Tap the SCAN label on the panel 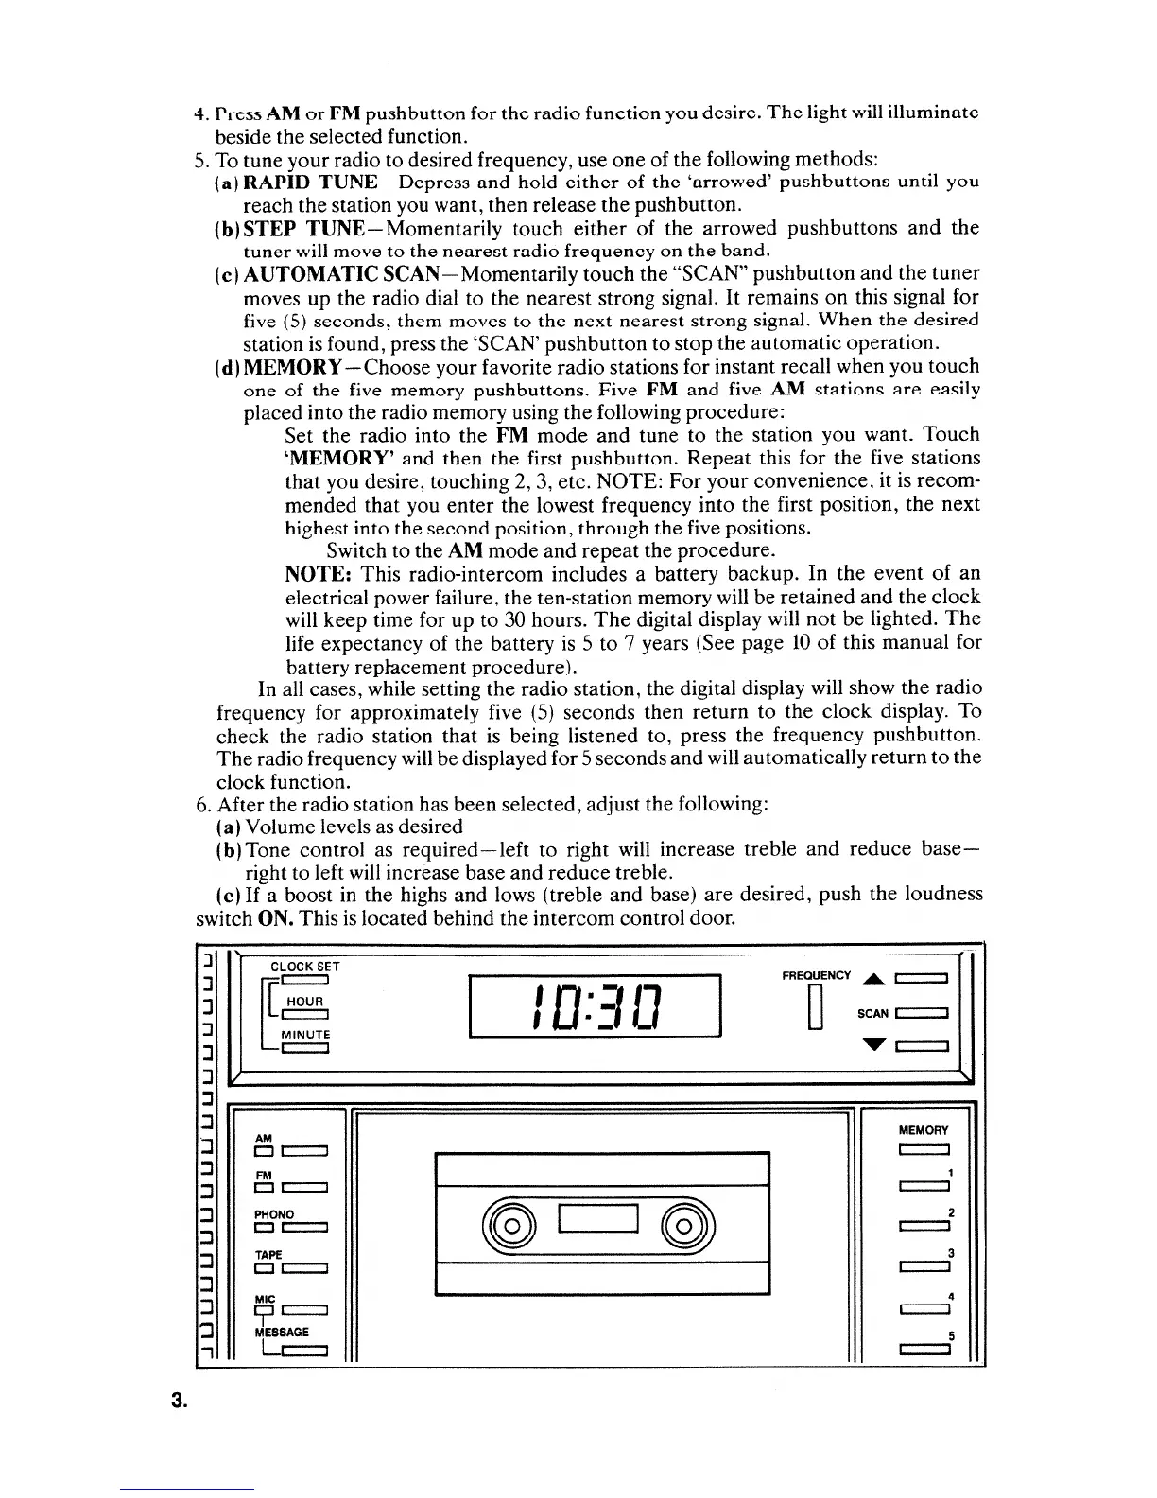coord(872,1013)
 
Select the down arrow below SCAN coord(873,1045)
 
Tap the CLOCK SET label coord(304,967)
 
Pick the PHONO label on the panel coord(274,1213)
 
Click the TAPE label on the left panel coord(268,1253)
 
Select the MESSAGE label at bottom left coord(284,1331)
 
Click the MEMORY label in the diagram coord(924,1129)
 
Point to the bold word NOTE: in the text coord(319,574)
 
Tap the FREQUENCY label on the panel coord(817,975)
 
